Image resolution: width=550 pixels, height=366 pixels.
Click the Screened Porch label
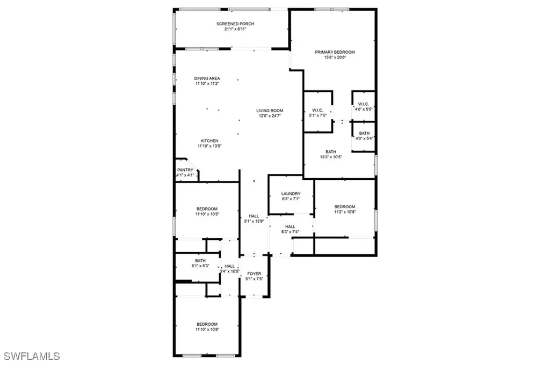pos(235,24)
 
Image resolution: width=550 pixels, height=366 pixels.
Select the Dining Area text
pos(207,78)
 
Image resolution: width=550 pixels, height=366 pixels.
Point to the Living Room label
pos(269,111)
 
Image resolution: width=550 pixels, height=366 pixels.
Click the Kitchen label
pos(209,141)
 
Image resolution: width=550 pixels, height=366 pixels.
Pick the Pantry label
pos(185,170)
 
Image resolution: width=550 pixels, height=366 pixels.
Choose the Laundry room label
pos(291,194)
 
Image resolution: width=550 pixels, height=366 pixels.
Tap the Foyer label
pos(254,274)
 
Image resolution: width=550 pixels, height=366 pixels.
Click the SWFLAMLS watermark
pos(32,356)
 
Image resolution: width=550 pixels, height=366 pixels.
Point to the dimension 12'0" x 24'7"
pos(269,116)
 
